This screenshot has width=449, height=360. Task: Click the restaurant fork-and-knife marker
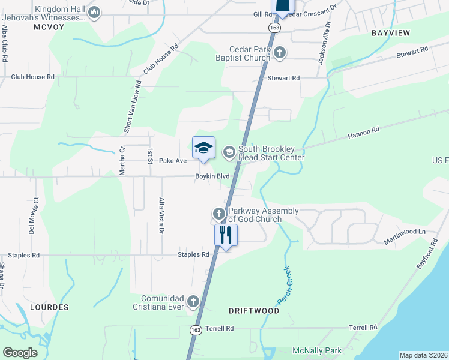[226, 234]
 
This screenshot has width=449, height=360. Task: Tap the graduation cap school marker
[203, 148]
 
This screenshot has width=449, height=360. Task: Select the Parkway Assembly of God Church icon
[219, 214]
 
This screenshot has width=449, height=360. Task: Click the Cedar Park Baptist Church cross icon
[279, 53]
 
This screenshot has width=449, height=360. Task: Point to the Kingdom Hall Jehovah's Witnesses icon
[94, 13]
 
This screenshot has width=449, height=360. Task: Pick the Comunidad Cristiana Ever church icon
[193, 301]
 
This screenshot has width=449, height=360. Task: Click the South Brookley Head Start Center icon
[229, 152]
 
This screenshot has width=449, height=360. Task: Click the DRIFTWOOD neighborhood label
[254, 311]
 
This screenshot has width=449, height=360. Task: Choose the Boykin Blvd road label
[212, 176]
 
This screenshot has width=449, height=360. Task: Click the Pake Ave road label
[173, 161]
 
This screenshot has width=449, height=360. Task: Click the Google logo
[20, 353]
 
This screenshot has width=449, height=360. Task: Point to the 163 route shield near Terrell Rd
[196, 329]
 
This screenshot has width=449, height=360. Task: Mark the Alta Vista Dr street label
[161, 215]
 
